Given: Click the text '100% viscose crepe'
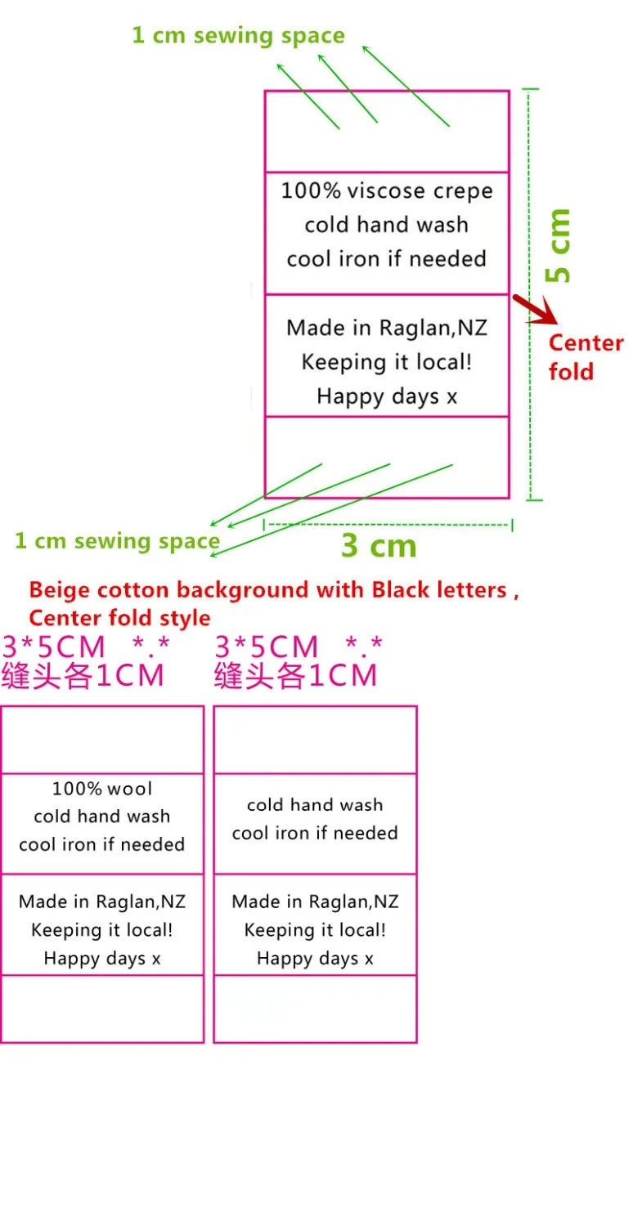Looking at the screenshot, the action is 387,191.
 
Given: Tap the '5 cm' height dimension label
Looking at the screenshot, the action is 558,245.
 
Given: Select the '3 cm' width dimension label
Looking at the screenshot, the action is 379,546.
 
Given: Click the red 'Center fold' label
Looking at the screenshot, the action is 586,357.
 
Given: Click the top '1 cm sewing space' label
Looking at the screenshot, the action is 238,36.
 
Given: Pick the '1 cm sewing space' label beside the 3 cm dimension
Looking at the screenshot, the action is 117,541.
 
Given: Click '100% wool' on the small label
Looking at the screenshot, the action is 102,789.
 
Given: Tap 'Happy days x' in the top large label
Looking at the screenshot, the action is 387,396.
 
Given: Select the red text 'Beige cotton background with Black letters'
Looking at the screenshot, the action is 268,590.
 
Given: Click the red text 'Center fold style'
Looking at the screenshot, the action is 119,618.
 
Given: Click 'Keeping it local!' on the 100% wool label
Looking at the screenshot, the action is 102,930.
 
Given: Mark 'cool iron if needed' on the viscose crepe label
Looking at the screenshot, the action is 387,259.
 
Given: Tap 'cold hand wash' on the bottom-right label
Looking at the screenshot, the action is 315,804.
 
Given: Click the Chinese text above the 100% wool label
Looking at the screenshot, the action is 83,675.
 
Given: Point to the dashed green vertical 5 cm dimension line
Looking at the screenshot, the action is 529,294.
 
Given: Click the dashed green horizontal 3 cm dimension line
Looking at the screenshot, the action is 388,525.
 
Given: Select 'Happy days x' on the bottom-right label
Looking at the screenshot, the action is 315,959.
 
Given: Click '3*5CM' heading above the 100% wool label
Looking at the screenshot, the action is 53,647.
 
